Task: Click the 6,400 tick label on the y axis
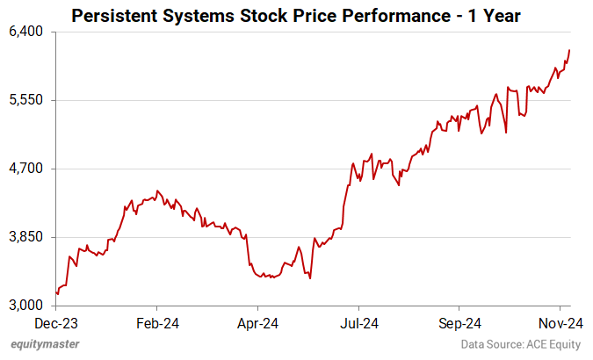tap(25, 32)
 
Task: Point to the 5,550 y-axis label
tap(25, 100)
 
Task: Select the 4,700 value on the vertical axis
tap(25, 169)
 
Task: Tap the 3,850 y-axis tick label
tap(25, 237)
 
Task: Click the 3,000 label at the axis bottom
tap(25, 306)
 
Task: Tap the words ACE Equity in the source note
tap(553, 345)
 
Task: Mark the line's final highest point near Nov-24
tap(570, 50)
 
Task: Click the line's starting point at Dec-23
tap(56, 293)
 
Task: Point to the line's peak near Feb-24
tap(157, 191)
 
